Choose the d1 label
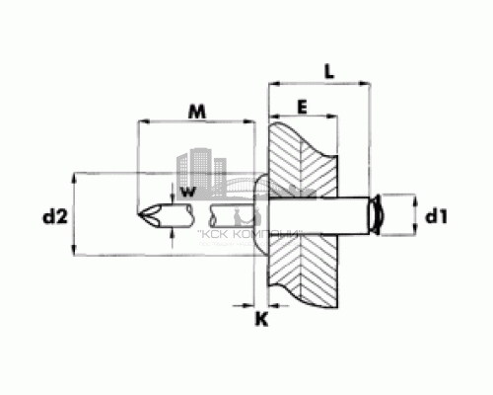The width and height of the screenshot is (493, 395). (x=435, y=216)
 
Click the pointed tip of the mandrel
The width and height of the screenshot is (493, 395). (x=141, y=214)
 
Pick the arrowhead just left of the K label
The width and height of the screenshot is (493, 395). (x=246, y=302)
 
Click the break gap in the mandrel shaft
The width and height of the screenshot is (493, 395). (x=205, y=214)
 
